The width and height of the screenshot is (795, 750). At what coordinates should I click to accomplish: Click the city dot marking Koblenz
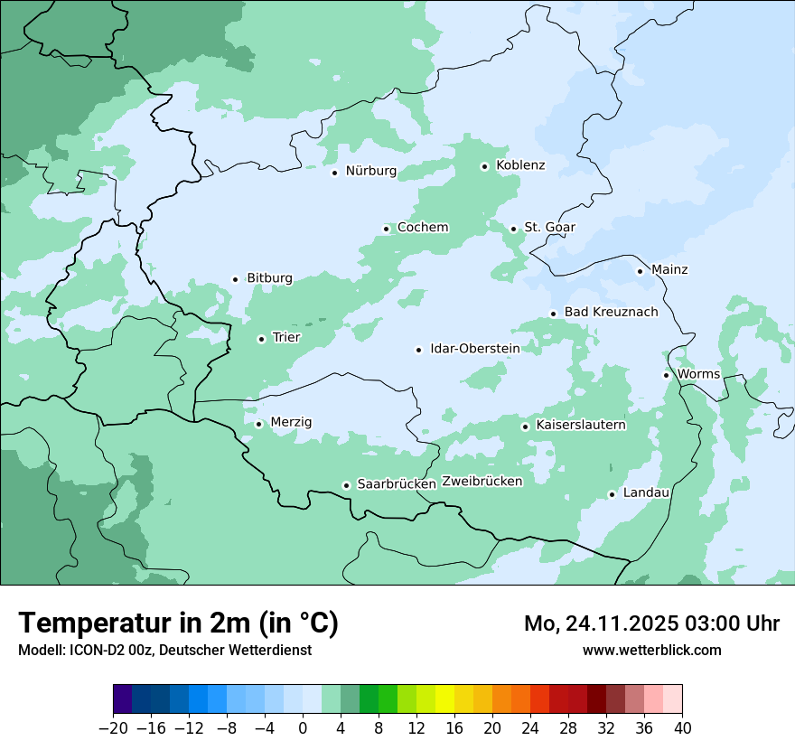[x=484, y=166]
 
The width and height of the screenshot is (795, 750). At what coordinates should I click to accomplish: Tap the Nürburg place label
[x=370, y=171]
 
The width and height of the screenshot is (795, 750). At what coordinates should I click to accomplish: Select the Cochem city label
[x=423, y=228]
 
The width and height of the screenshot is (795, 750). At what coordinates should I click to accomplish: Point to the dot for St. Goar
[x=513, y=229]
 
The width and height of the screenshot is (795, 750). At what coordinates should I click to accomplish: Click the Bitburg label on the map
[x=269, y=278]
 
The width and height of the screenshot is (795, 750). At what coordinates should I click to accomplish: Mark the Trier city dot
[x=261, y=339]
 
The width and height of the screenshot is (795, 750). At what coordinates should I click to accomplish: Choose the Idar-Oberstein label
[x=474, y=349]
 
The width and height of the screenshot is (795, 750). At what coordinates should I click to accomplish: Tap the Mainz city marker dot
[x=640, y=271]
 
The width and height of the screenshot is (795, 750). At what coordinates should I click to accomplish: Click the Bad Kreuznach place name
[x=611, y=313]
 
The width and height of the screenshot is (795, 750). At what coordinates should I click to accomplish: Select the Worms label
[x=698, y=374]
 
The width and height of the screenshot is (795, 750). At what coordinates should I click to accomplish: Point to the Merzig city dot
[x=258, y=424]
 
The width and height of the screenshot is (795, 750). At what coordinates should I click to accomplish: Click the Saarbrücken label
[x=397, y=484]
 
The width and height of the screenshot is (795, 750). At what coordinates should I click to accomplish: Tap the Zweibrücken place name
[x=482, y=482]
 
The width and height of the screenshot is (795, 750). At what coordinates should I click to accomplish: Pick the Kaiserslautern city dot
[x=525, y=427]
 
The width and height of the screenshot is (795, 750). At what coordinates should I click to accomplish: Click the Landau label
[x=646, y=493]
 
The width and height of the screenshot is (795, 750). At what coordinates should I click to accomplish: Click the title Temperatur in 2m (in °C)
[x=178, y=623]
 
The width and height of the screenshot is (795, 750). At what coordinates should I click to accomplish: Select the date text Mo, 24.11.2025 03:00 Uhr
[x=651, y=623]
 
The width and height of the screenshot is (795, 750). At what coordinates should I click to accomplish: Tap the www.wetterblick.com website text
[x=651, y=650]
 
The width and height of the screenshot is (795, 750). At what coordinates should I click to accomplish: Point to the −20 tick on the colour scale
[x=113, y=728]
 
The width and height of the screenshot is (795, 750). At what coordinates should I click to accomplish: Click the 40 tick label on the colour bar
[x=682, y=728]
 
